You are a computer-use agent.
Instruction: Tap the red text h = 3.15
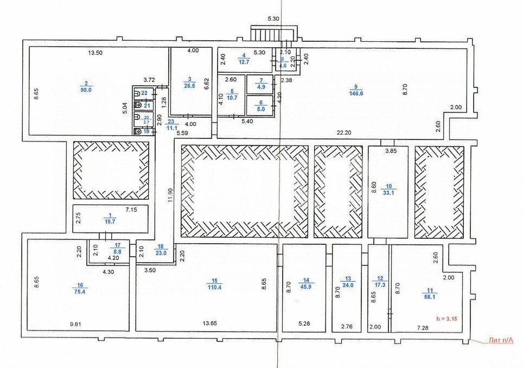(x=444, y=318)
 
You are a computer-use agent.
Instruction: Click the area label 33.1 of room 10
(x=388, y=191)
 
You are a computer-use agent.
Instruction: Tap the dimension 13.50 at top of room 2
(x=95, y=53)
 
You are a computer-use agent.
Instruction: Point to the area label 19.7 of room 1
(x=111, y=221)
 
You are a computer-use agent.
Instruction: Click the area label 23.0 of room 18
(x=161, y=252)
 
